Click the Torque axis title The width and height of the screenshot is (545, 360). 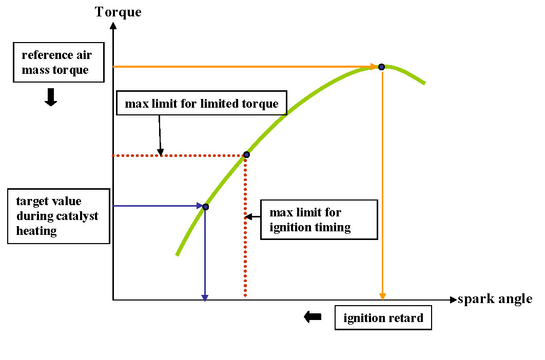[x=118, y=11]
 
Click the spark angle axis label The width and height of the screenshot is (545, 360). [x=495, y=299]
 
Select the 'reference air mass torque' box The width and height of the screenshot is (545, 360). [x=55, y=62]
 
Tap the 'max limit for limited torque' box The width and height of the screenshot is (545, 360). [x=202, y=104]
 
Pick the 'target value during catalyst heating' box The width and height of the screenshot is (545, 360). [x=59, y=216]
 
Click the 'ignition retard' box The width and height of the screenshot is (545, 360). [x=383, y=318]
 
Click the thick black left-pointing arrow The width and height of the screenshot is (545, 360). [x=313, y=317]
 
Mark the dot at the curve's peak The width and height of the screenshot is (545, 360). [x=381, y=67]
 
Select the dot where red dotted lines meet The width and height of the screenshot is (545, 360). [x=246, y=154]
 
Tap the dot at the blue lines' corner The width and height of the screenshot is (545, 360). [x=205, y=207]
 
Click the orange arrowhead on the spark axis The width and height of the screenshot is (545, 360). [x=382, y=296]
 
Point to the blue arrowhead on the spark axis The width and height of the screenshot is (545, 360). [x=205, y=296]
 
